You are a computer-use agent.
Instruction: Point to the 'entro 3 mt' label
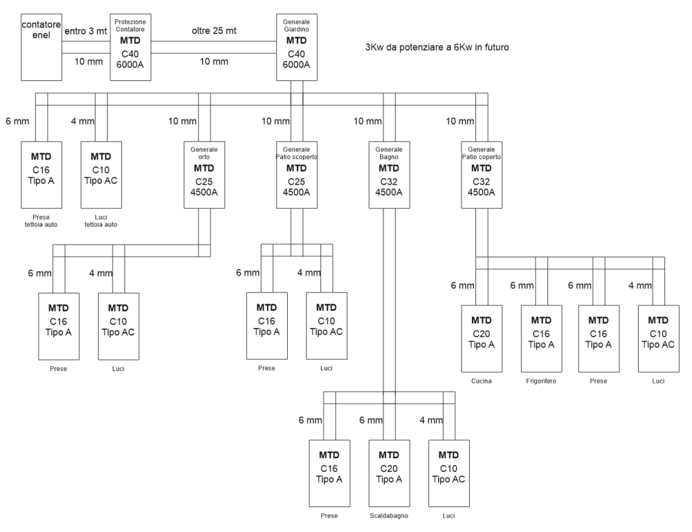[x=86, y=31]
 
